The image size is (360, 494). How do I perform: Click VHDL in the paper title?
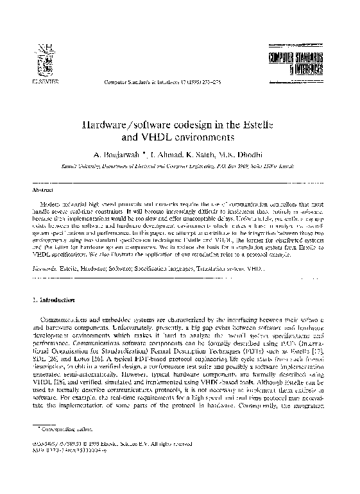(x=158, y=137)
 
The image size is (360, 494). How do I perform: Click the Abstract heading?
(x=41, y=189)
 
